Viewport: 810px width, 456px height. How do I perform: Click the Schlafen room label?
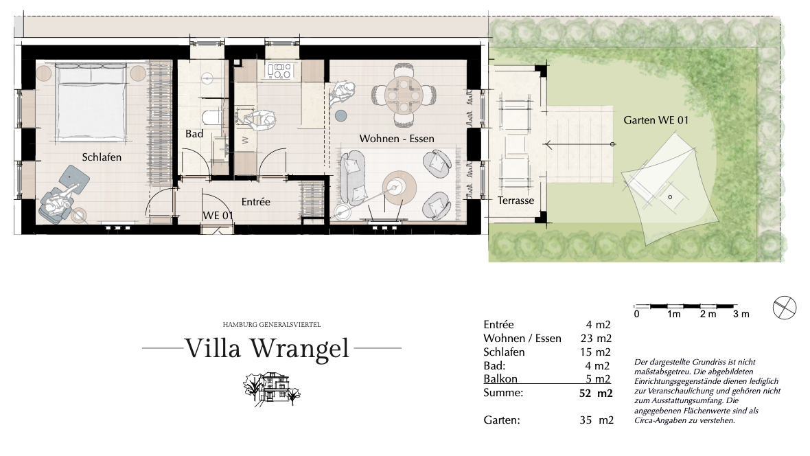pyautogui.click(x=102, y=157)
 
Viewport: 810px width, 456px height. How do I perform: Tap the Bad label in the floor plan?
pyautogui.click(x=194, y=134)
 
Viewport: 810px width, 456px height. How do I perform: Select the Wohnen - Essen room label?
pyautogui.click(x=397, y=139)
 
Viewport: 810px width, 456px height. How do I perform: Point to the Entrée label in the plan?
pyautogui.click(x=256, y=202)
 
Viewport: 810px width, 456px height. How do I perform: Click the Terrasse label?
pyautogui.click(x=516, y=201)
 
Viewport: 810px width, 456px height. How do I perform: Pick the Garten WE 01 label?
pyautogui.click(x=656, y=120)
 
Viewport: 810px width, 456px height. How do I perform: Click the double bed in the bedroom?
pyautogui.click(x=91, y=102)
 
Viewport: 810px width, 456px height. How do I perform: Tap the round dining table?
pyautogui.click(x=404, y=95)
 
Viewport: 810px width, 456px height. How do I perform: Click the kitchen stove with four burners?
pyautogui.click(x=279, y=71)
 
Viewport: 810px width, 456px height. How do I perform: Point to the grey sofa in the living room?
pyautogui.click(x=353, y=176)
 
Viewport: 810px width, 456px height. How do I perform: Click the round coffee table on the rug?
pyautogui.click(x=400, y=187)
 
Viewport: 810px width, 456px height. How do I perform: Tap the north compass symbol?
pyautogui.click(x=784, y=308)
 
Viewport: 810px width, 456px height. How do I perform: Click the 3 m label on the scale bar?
pyautogui.click(x=741, y=314)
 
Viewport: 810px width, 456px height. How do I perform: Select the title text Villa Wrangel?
pyautogui.click(x=268, y=348)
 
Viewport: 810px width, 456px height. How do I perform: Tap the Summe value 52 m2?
pyautogui.click(x=596, y=394)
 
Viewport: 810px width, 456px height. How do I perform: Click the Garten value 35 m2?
pyautogui.click(x=597, y=420)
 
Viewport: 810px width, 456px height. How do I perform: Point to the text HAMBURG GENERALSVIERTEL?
pyautogui.click(x=272, y=325)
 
